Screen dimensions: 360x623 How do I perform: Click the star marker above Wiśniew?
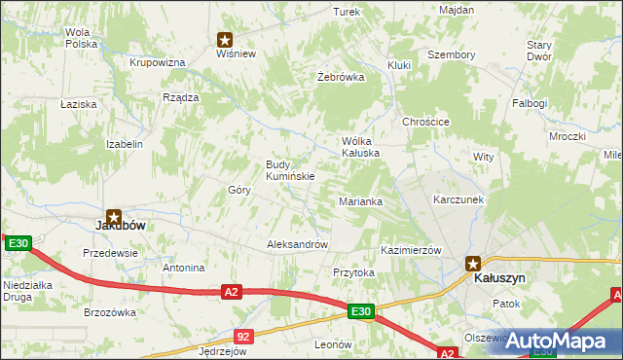click(x=225, y=40)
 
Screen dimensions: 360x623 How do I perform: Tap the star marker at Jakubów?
click(x=114, y=218)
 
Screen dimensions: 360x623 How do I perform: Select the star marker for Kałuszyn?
click(x=473, y=263)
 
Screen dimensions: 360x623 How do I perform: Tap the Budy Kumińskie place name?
click(x=289, y=170)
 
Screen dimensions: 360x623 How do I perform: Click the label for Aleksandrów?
click(x=297, y=245)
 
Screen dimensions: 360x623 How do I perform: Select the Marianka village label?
click(x=360, y=201)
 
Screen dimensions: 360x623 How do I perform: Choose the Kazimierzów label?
click(x=411, y=250)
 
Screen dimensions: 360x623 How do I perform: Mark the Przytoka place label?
click(x=353, y=273)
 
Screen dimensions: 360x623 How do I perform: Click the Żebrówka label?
click(x=341, y=77)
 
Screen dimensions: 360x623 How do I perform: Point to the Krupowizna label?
click(x=158, y=62)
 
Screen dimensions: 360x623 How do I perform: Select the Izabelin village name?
click(x=125, y=144)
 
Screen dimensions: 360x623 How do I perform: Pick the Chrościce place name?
click(x=425, y=122)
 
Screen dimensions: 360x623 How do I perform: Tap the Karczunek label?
click(x=458, y=199)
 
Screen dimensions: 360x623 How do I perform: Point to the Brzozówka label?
click(x=109, y=312)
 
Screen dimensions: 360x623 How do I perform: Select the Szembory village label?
click(x=452, y=55)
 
